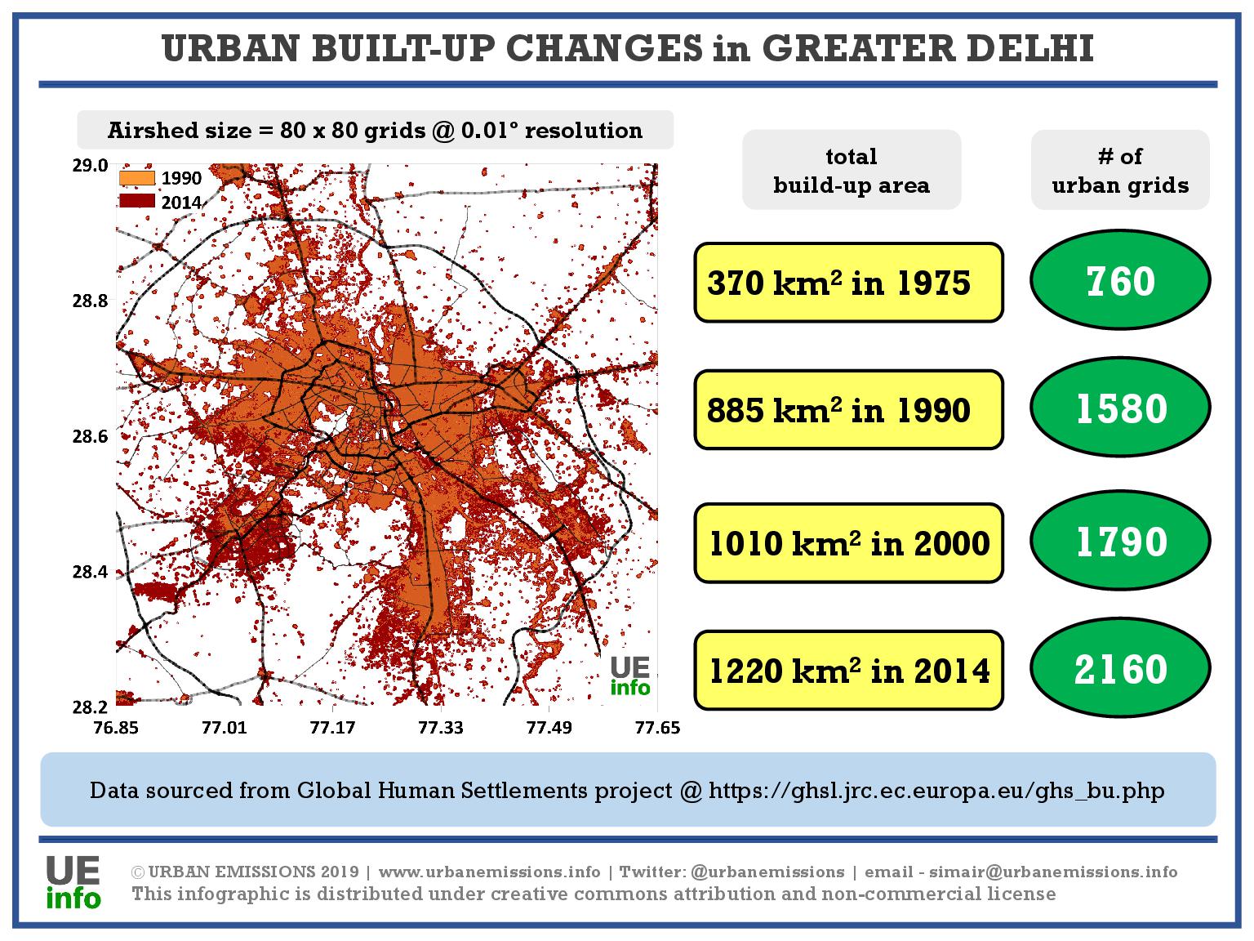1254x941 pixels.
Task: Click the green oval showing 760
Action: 1120,282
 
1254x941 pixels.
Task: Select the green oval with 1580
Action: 1120,409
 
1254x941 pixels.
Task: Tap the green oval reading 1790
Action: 1120,542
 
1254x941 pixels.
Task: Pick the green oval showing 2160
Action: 1120,670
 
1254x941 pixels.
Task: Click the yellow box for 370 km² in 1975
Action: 848,283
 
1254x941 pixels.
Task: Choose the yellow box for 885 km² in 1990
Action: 848,410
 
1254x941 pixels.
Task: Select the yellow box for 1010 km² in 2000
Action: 848,543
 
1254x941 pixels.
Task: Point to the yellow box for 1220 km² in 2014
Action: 848,671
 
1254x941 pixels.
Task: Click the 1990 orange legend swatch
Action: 136,177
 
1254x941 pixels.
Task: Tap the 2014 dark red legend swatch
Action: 136,201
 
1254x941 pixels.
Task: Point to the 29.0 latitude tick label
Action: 91,166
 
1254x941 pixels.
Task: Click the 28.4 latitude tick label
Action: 91,572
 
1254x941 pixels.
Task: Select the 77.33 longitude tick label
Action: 441,727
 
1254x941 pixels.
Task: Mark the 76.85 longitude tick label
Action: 116,727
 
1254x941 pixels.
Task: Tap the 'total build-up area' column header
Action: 852,171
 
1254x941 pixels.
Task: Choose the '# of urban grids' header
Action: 1120,171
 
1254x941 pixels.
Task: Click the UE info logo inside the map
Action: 630,676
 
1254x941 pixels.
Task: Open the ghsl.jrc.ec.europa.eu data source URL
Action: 936,791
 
